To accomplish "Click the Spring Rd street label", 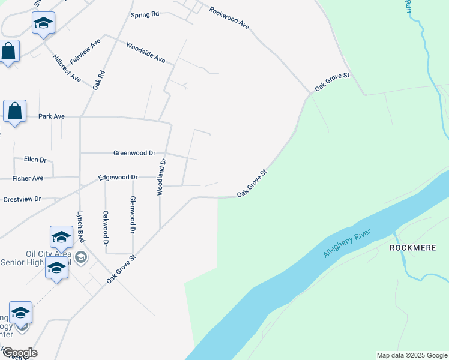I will (x=145, y=13).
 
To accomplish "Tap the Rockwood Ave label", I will (x=229, y=18).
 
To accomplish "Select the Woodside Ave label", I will (x=145, y=52).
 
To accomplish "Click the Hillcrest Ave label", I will (x=67, y=68).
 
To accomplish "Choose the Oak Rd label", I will (x=99, y=80).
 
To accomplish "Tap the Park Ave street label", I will (x=51, y=116).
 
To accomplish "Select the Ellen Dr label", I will (x=35, y=160).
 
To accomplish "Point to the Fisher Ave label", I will (x=28, y=178).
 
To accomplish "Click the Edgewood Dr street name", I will (x=118, y=178).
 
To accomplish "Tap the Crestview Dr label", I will (x=22, y=199).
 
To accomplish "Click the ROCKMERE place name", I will (x=412, y=247).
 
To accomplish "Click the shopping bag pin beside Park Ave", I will (x=15, y=111).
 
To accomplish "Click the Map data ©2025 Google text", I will (x=411, y=355).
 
